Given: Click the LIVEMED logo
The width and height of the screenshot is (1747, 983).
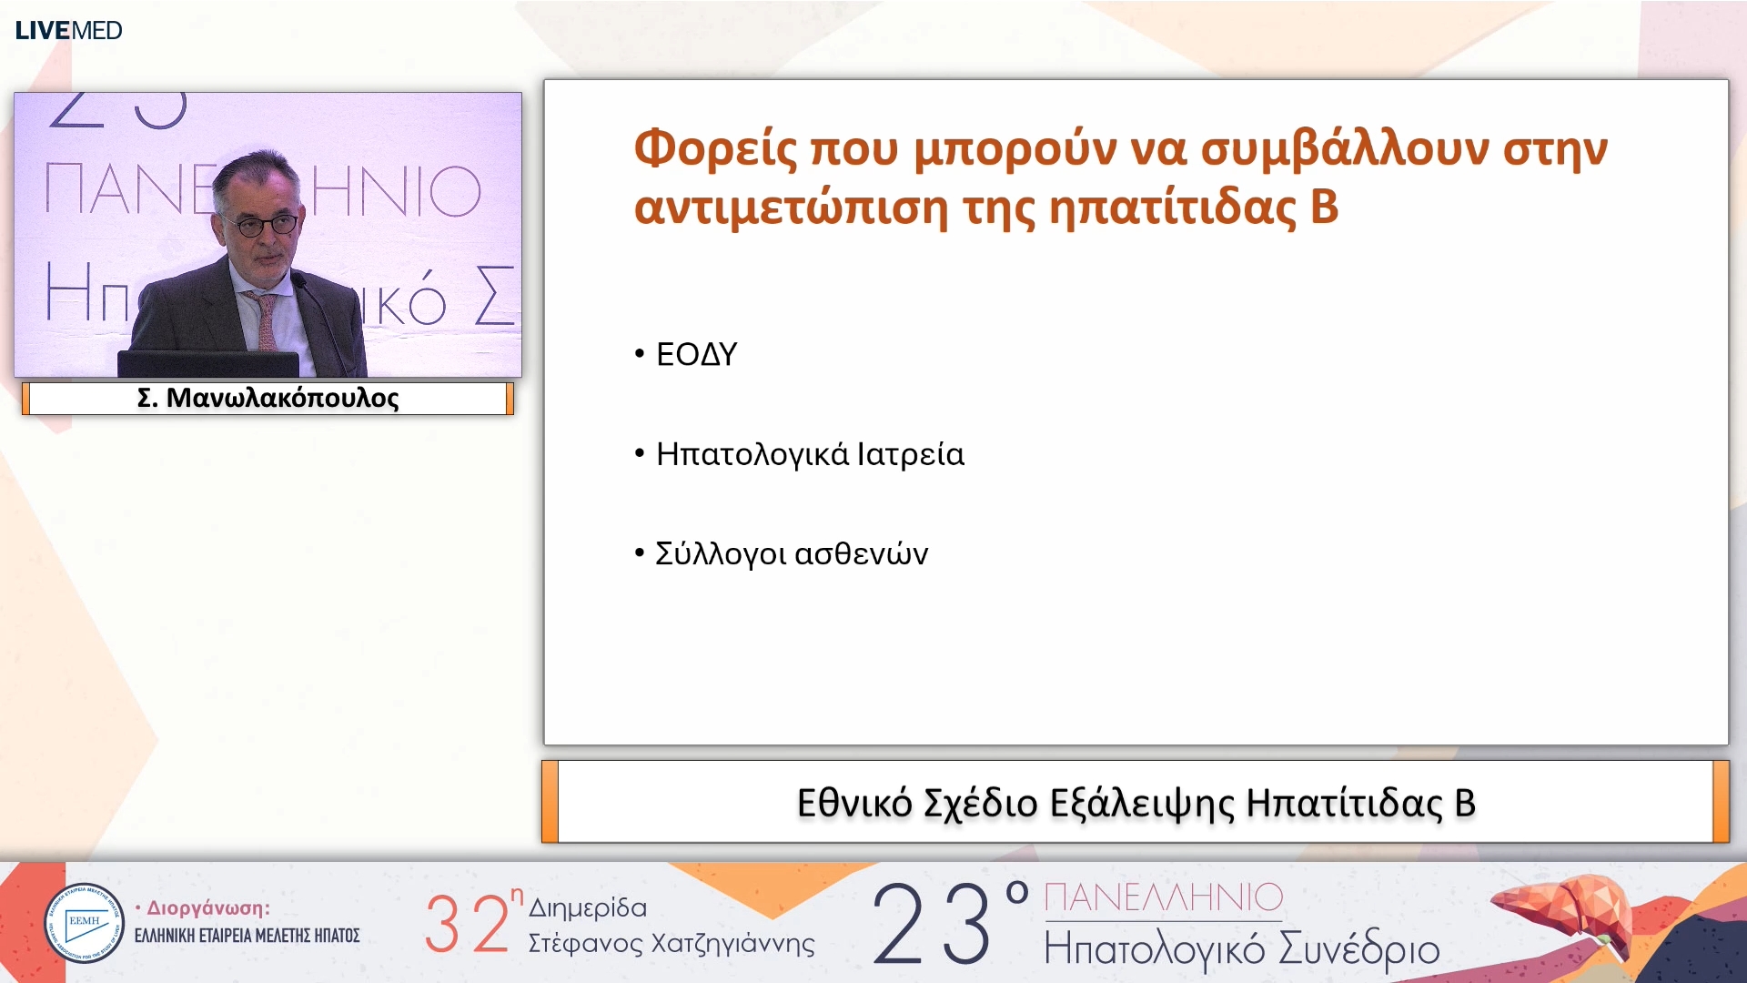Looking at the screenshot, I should [x=68, y=30].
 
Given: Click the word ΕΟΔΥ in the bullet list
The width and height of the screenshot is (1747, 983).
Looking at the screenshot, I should [x=696, y=354].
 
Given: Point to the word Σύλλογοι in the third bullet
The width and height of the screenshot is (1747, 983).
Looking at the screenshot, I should [x=721, y=553].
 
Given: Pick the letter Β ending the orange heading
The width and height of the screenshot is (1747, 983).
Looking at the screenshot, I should [x=1324, y=207].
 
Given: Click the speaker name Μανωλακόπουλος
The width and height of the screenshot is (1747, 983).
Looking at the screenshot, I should [x=282, y=398].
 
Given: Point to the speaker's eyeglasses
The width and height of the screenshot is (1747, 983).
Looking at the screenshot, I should [x=266, y=223].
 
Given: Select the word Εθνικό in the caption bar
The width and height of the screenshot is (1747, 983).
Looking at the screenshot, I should [x=853, y=803].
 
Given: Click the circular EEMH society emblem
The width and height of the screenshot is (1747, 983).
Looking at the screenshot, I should [x=84, y=923].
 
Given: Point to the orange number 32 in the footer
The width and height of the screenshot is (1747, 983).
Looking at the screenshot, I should [x=467, y=925].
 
